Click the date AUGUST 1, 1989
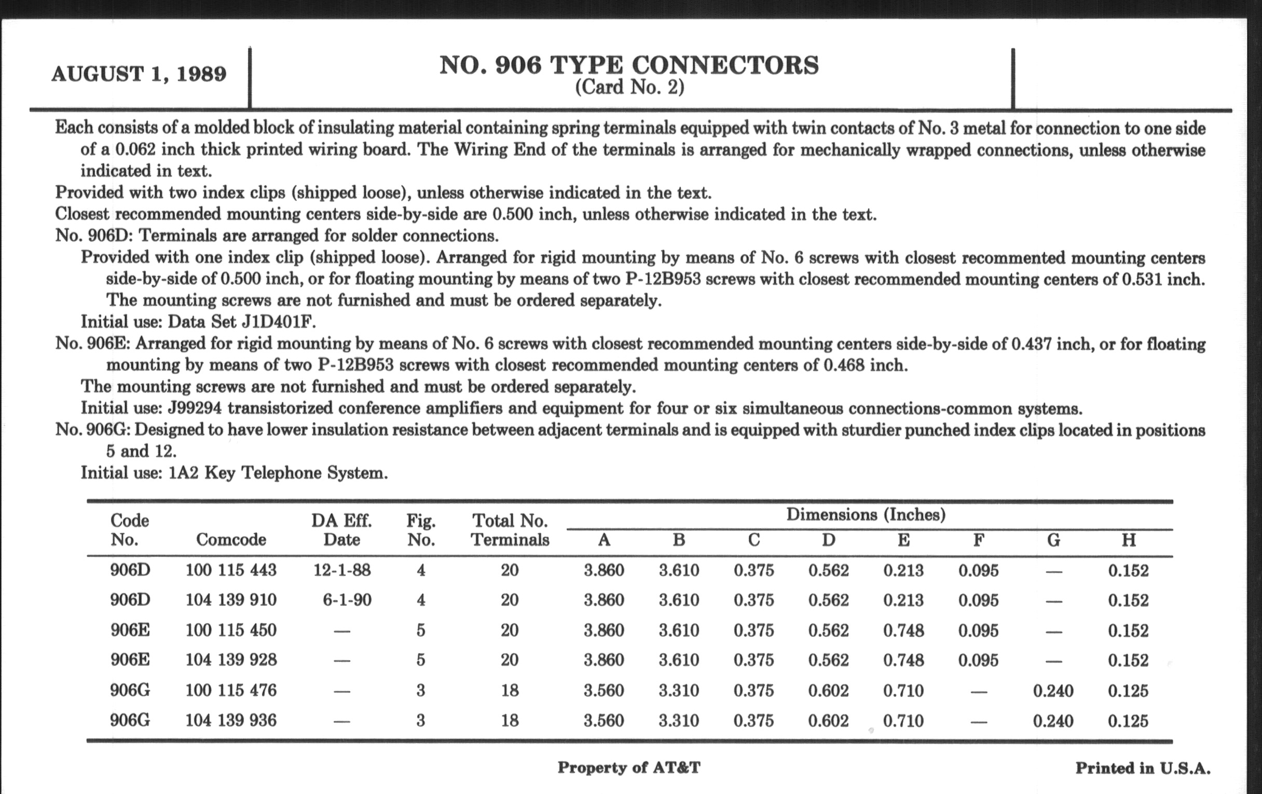click(139, 74)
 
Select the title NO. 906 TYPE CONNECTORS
click(629, 65)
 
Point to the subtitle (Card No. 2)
click(629, 87)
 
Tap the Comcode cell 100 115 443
click(230, 570)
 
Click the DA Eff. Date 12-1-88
click(341, 570)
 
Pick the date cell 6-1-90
click(347, 600)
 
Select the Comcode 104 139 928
click(230, 660)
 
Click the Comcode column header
click(230, 539)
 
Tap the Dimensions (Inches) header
click(866, 515)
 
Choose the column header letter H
click(1128, 540)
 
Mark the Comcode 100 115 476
click(230, 690)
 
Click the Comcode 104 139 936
click(230, 721)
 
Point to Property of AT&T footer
click(628, 768)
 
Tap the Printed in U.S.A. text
click(1143, 769)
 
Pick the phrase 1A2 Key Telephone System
click(278, 473)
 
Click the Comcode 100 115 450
click(230, 630)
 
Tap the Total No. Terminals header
click(510, 530)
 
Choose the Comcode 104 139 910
click(230, 600)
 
